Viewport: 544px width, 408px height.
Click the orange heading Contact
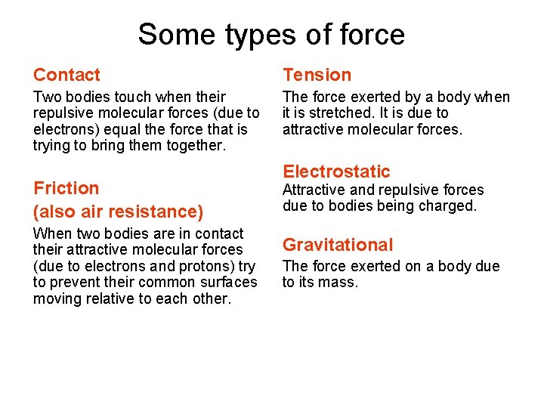(x=66, y=75)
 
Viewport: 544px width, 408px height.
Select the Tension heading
(x=317, y=75)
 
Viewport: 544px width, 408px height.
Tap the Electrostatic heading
(x=336, y=172)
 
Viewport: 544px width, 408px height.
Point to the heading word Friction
(x=66, y=188)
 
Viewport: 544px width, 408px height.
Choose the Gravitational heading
(x=338, y=245)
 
